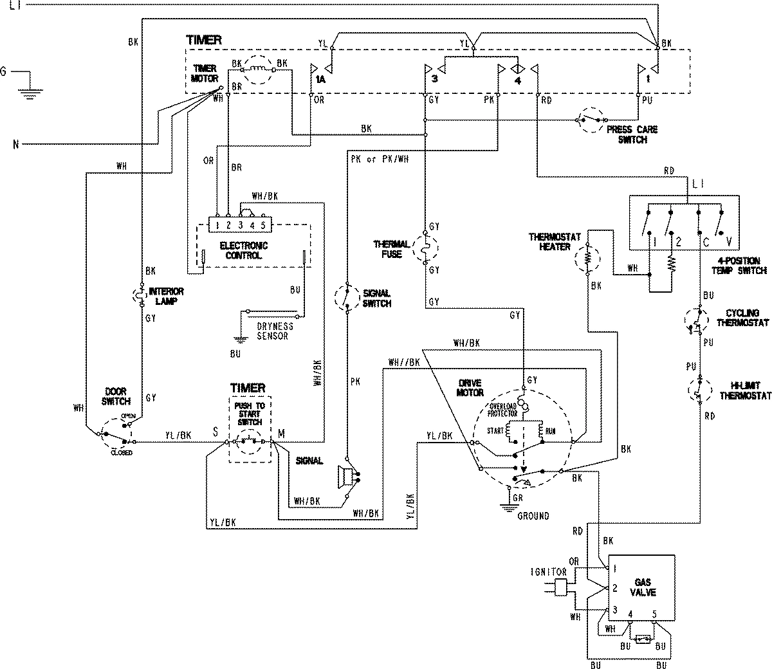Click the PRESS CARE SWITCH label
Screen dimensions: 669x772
632,134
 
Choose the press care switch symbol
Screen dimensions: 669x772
591,119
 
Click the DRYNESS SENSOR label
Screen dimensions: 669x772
273,331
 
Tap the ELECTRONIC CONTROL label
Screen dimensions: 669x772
243,250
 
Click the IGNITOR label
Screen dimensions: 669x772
549,571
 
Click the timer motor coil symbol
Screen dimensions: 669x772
259,68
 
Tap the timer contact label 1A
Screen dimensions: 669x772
320,80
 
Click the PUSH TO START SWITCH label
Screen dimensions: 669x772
250,414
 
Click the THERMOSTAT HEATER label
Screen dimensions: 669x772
555,241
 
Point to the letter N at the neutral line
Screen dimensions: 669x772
15,144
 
